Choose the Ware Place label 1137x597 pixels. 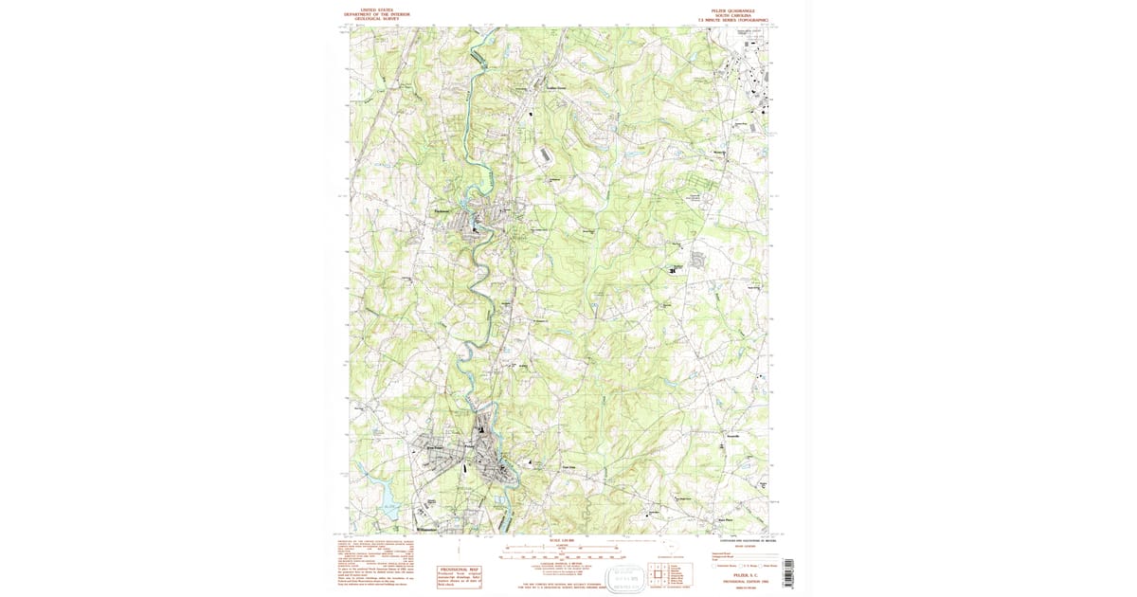click(725, 519)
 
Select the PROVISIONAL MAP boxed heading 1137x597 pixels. click(459, 570)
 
